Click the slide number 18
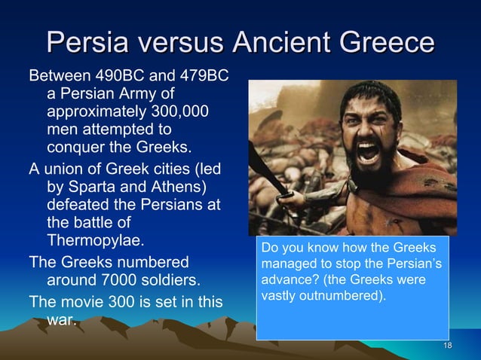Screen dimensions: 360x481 coord(448,346)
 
